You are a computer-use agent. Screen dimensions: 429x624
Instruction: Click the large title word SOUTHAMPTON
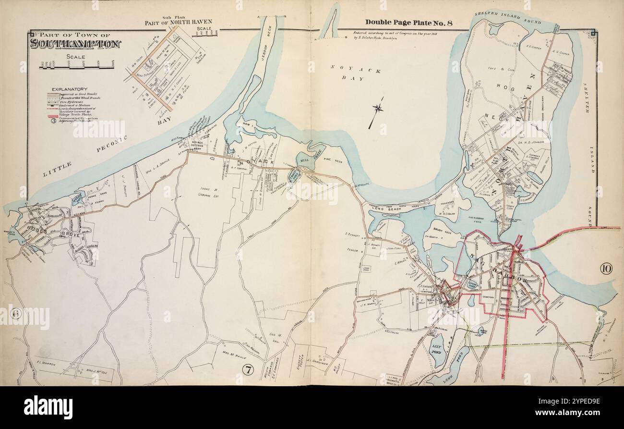[x=75, y=44]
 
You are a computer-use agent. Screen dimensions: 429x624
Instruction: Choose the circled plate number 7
[x=247, y=369]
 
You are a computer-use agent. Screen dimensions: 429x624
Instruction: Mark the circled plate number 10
[x=606, y=269]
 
